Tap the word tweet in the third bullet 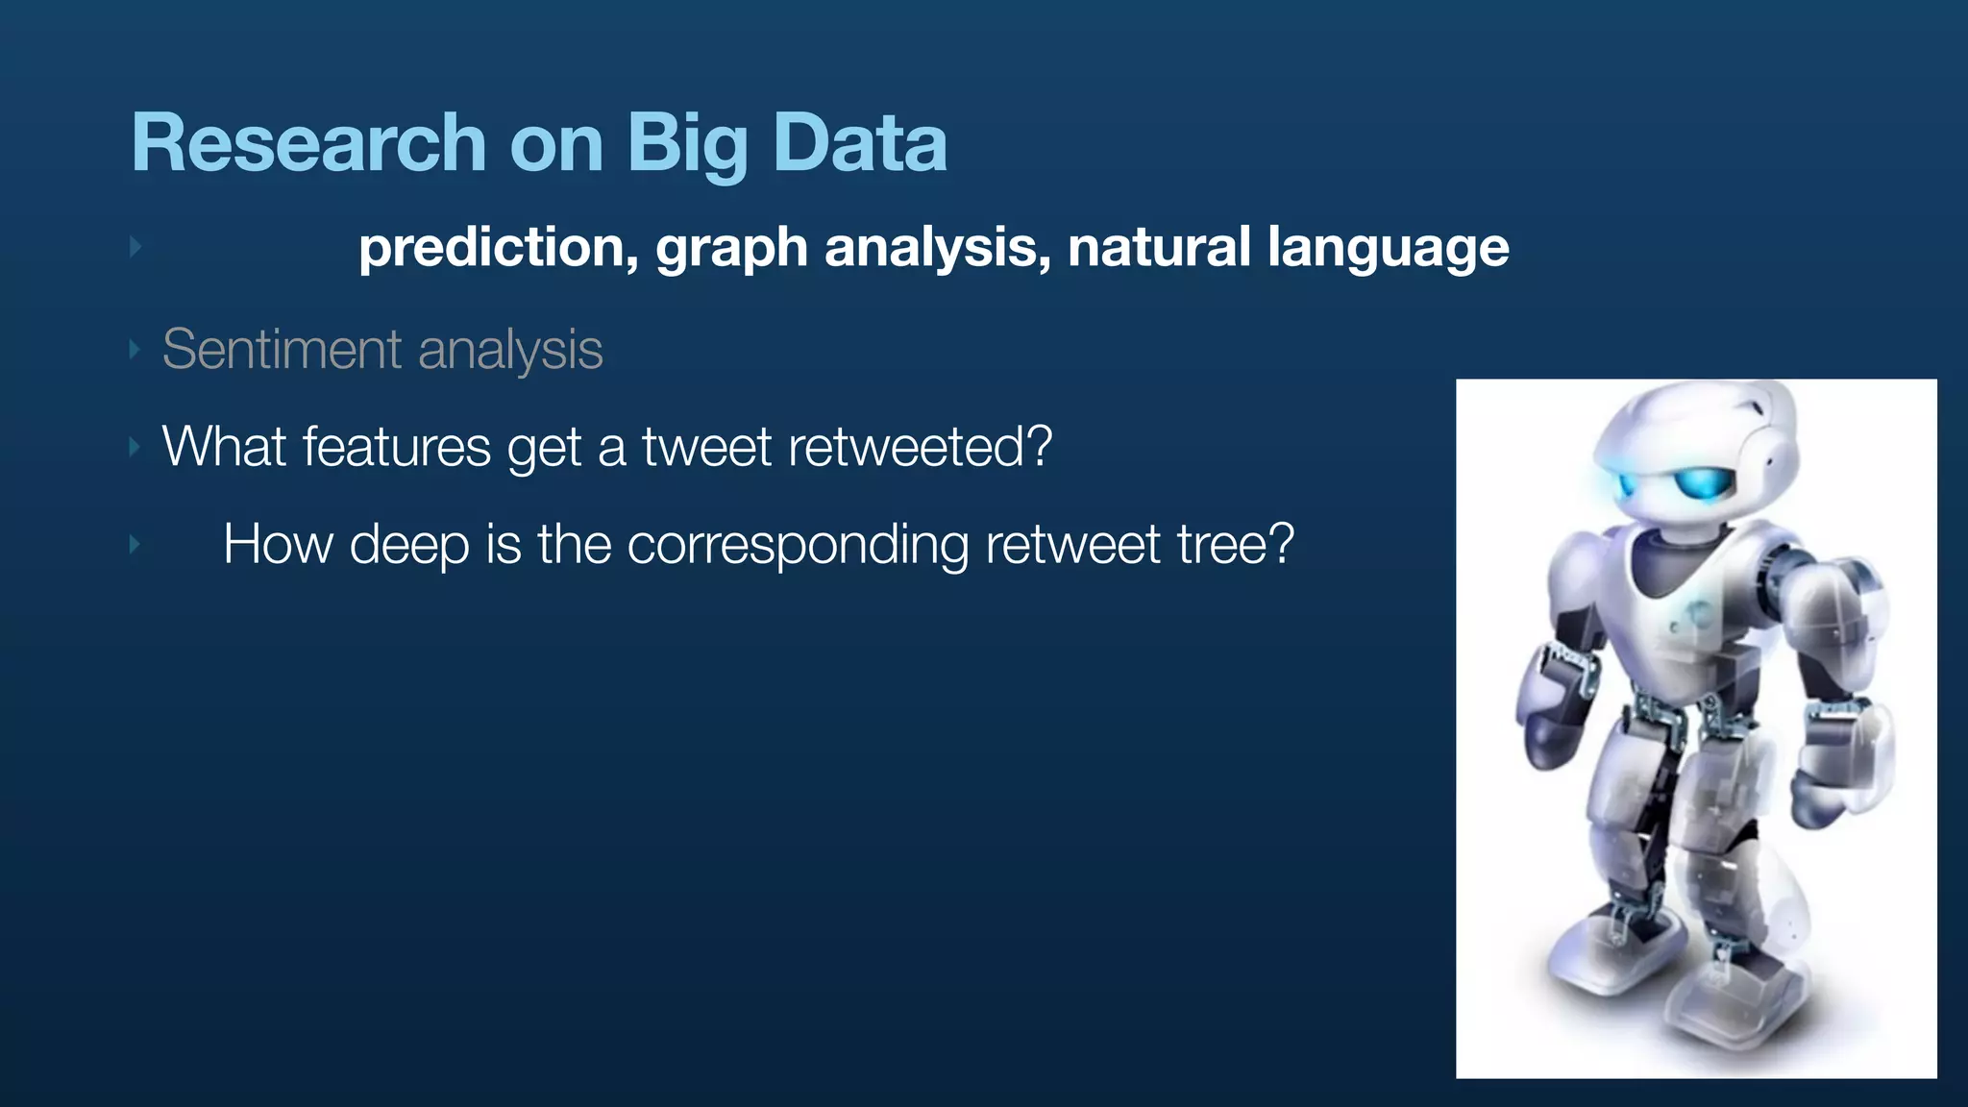706,447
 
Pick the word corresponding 797,546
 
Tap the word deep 408,546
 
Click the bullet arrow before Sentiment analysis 135,349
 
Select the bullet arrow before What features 135,447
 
